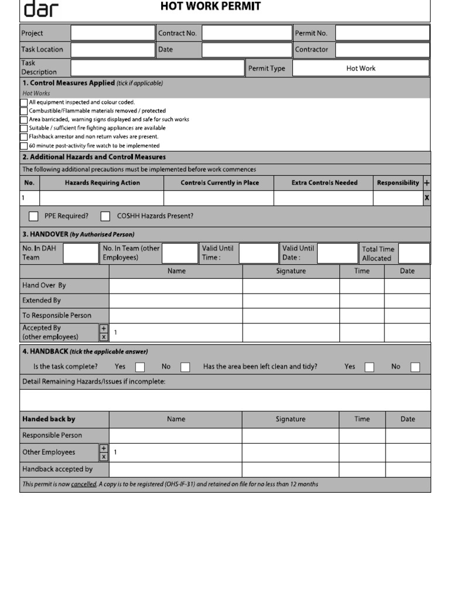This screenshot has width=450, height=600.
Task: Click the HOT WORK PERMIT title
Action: coord(210,6)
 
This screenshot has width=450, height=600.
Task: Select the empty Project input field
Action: coord(112,33)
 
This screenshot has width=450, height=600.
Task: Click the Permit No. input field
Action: coord(382,33)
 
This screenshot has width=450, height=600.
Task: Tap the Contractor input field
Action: coord(382,50)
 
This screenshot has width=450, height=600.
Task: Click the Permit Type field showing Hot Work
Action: coord(360,69)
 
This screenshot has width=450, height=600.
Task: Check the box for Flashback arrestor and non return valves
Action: coord(23,137)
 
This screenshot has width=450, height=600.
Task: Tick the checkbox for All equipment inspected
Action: coord(23,103)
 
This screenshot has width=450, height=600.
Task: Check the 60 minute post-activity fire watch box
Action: coord(23,146)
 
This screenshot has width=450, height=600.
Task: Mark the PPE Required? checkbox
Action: coord(34,216)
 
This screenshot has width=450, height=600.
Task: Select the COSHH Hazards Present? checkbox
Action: coord(105,216)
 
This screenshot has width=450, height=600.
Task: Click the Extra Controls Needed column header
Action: coord(324,183)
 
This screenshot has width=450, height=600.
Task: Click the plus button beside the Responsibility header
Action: coord(427,183)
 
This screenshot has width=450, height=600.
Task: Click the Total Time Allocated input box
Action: coord(414,254)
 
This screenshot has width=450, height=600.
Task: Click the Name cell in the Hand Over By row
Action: coord(176,286)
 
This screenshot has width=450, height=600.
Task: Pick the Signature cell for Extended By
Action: coord(291,301)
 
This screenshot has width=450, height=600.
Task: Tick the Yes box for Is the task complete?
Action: coord(140,367)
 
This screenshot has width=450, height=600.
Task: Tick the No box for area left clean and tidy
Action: coord(415,367)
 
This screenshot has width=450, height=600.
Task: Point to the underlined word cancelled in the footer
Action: coord(84,485)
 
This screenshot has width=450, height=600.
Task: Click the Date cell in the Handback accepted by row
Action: coord(407,469)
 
